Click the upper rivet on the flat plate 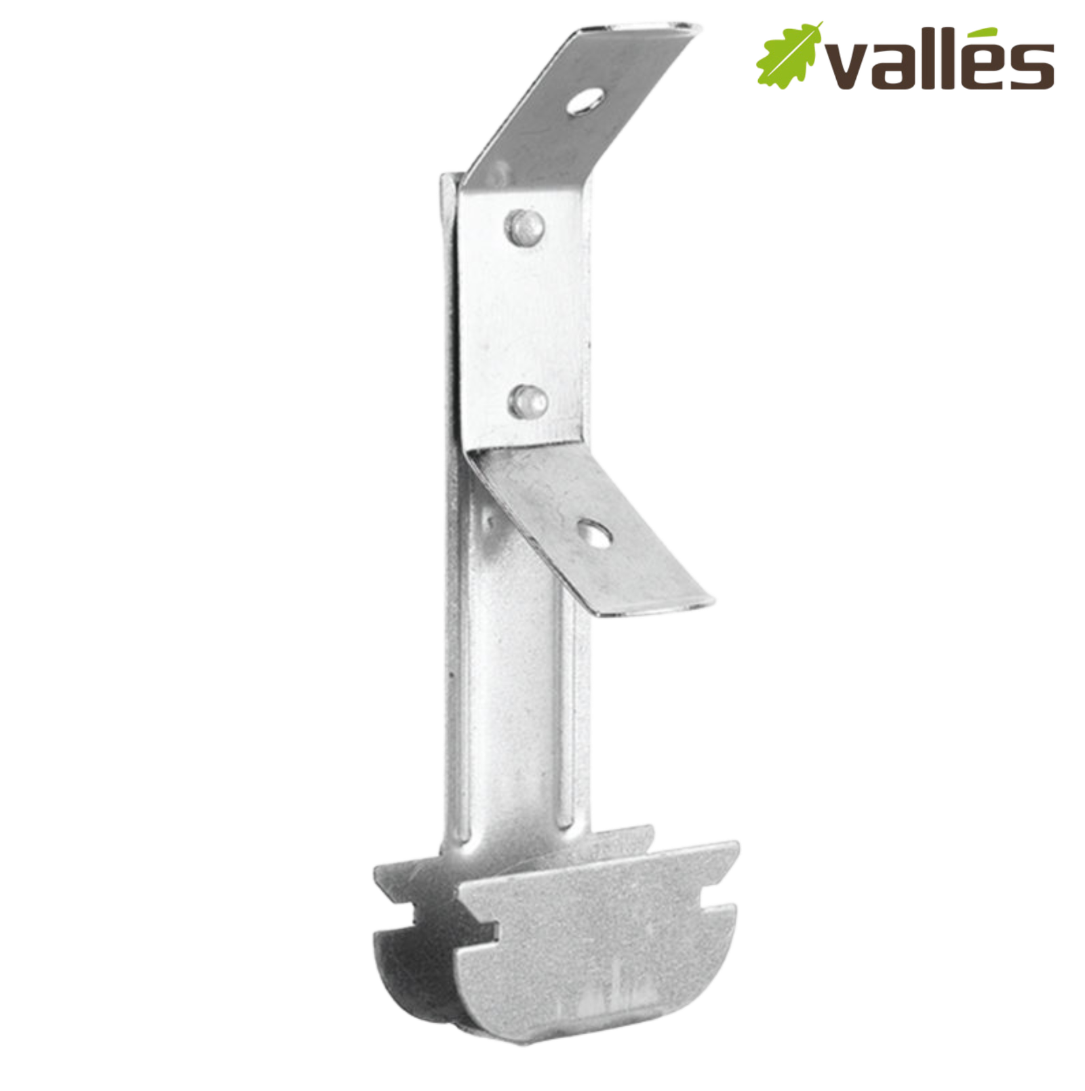click(524, 226)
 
